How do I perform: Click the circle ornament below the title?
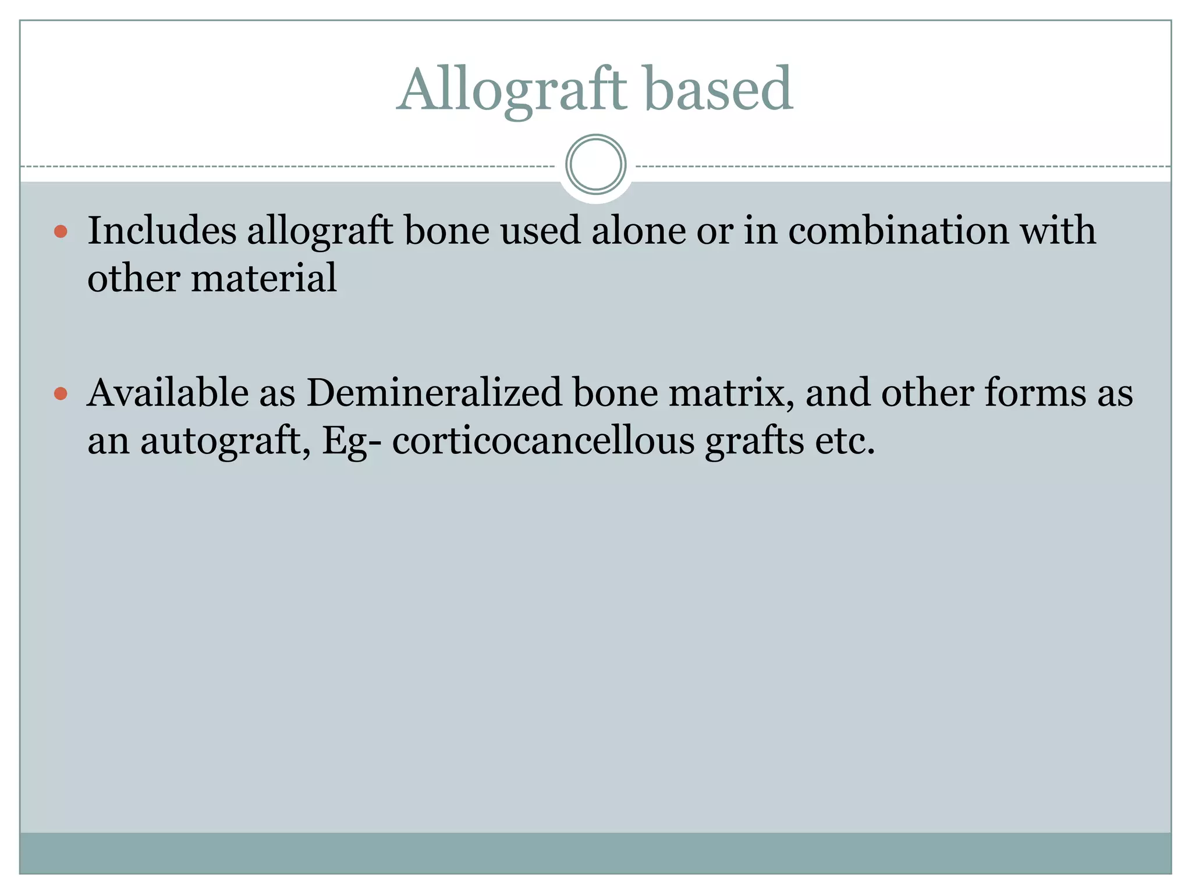pyautogui.click(x=595, y=165)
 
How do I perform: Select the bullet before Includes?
pyautogui.click(x=61, y=232)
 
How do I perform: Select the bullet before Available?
pyautogui.click(x=61, y=394)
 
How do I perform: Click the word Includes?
pyautogui.click(x=162, y=230)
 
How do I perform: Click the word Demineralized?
pyautogui.click(x=434, y=393)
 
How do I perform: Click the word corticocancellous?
pyautogui.click(x=543, y=441)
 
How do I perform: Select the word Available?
pyautogui.click(x=168, y=393)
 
